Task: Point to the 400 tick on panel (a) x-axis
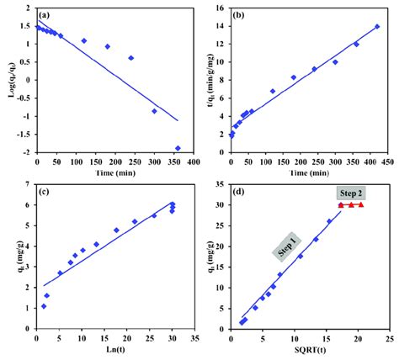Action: click(x=193, y=161)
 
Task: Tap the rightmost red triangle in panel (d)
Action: click(x=361, y=204)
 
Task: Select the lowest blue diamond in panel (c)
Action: click(x=43, y=307)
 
